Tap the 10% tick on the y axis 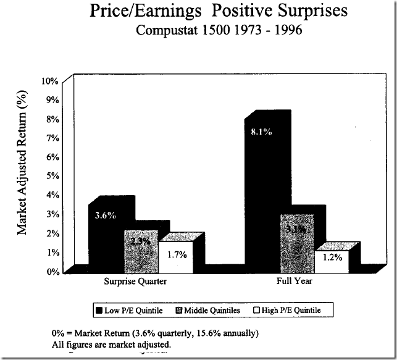(x=50, y=81)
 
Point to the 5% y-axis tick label (x=52, y=176)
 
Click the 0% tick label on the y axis (x=52, y=271)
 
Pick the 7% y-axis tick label (x=52, y=138)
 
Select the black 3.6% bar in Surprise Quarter (x=106, y=238)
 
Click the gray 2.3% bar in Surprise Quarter (x=141, y=251)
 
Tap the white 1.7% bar (x=176, y=256)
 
